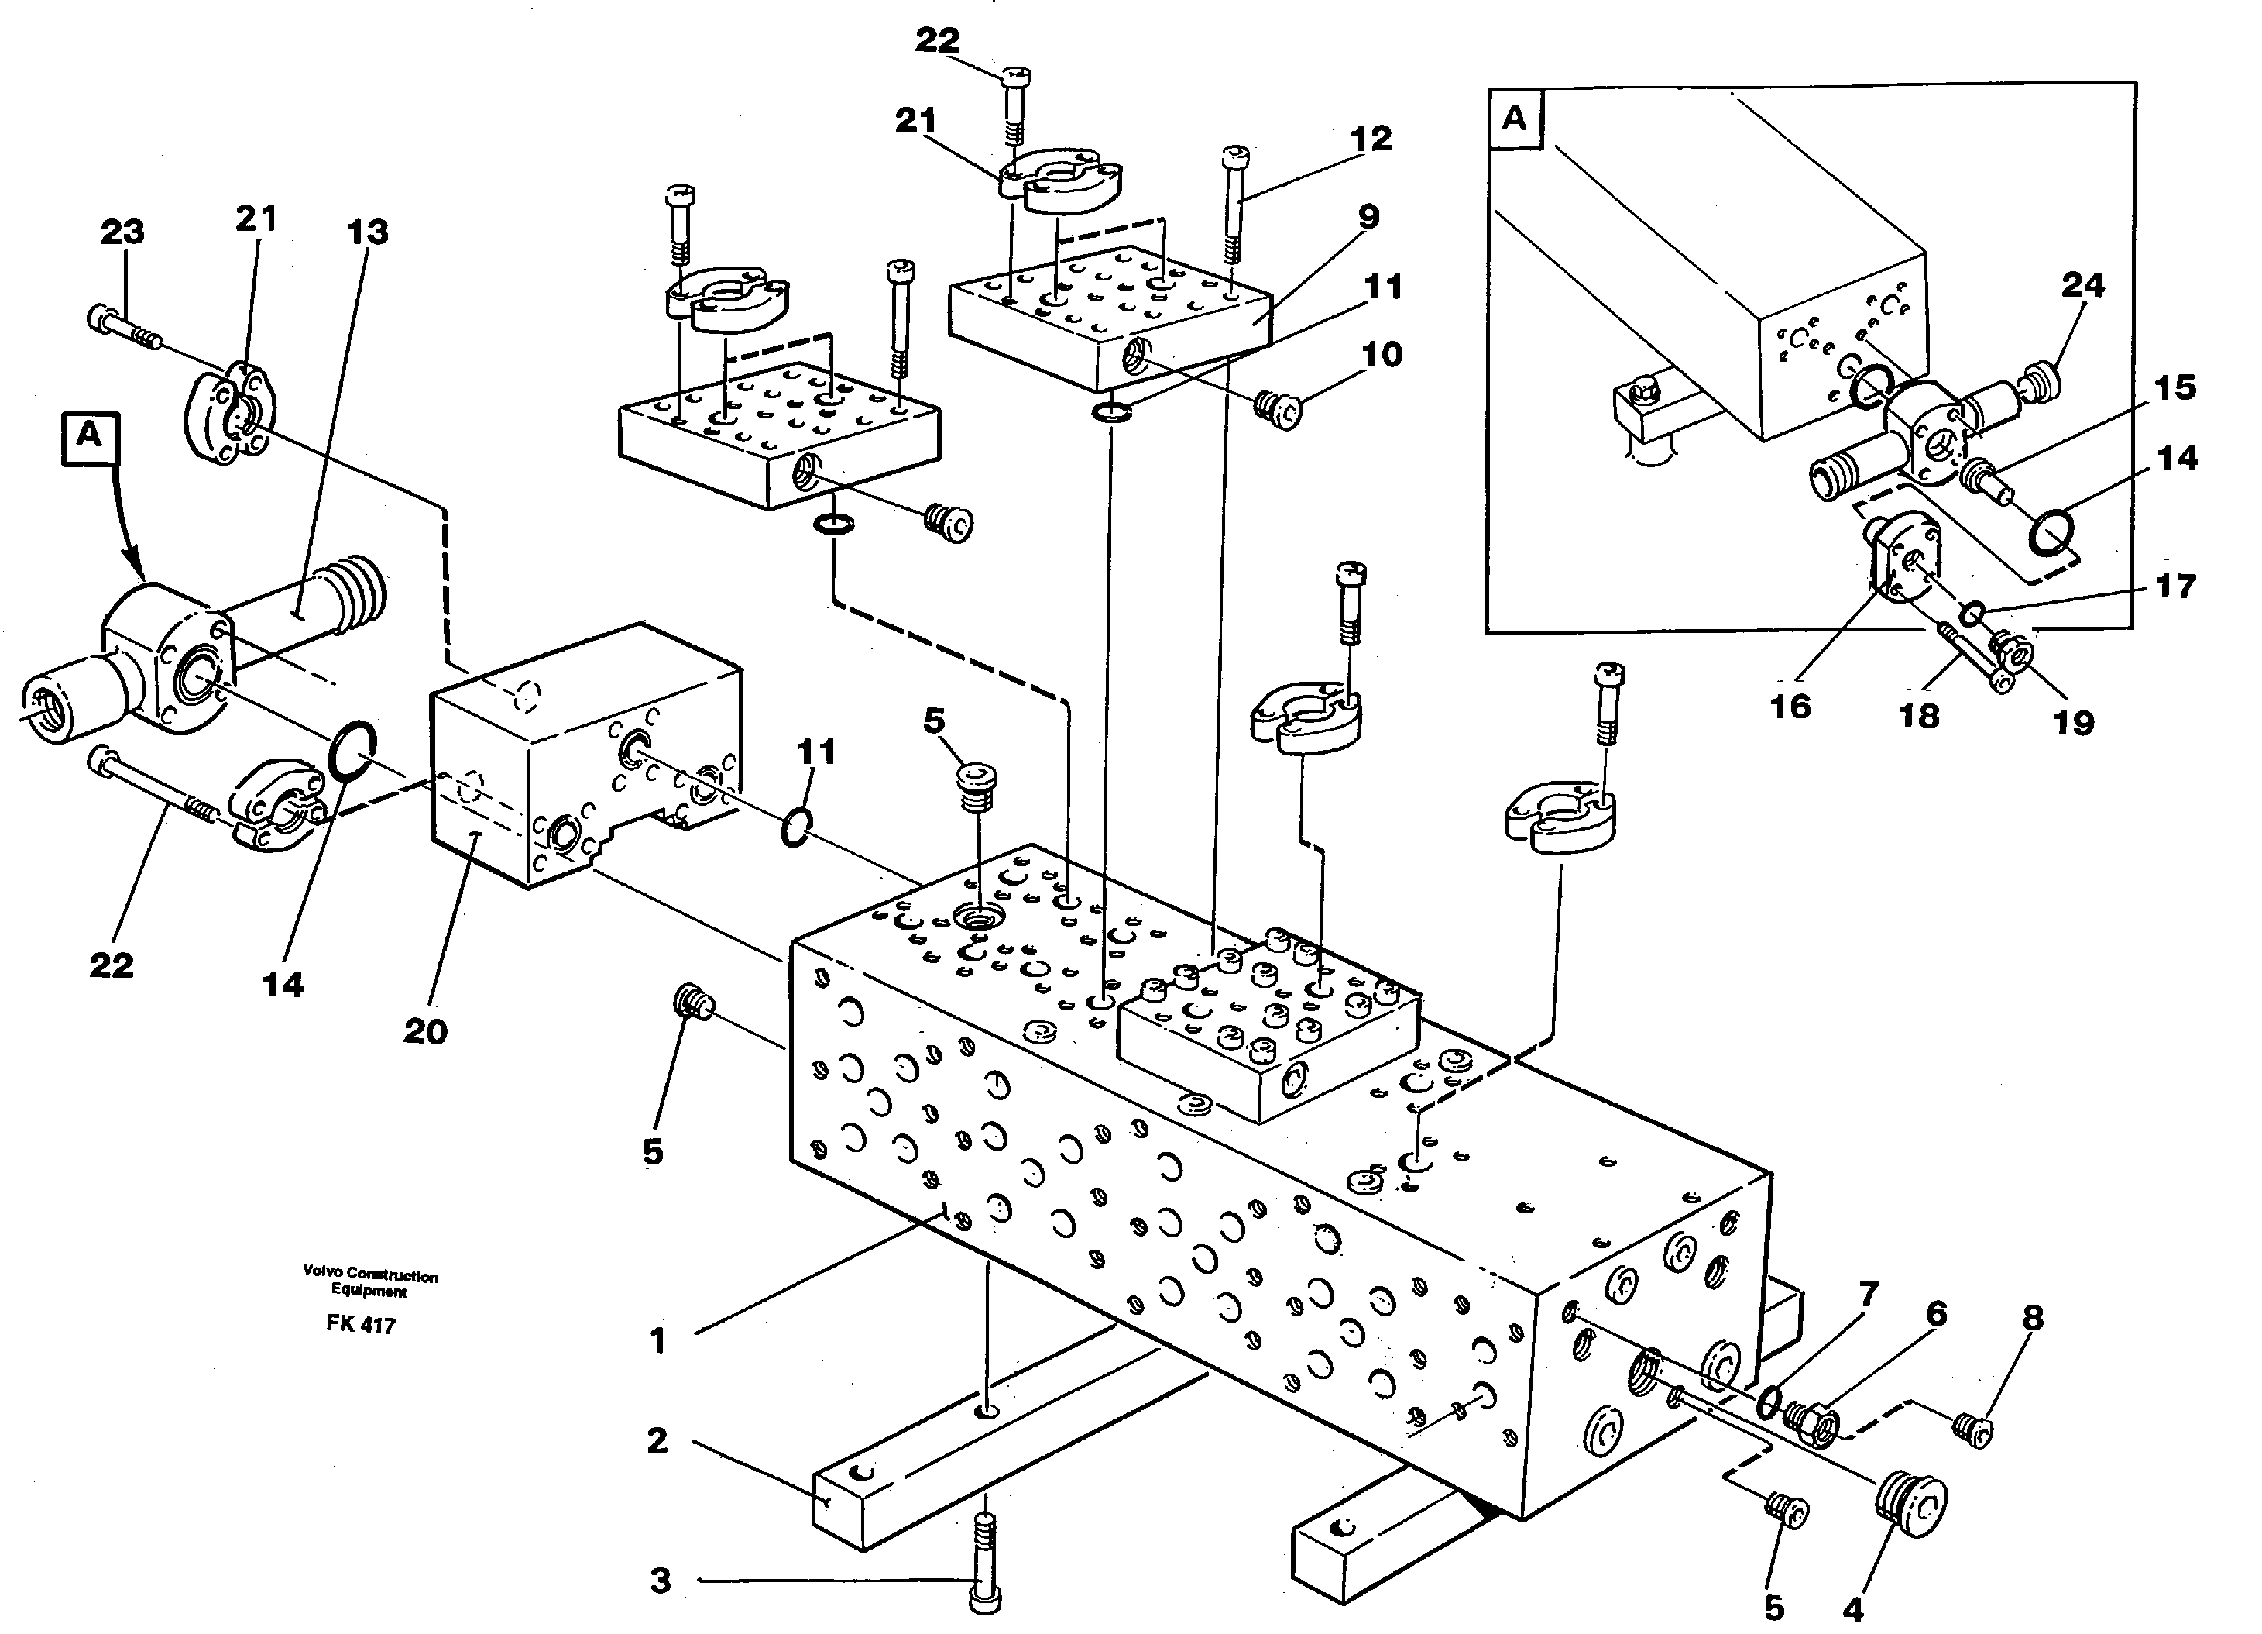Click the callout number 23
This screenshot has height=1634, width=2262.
pyautogui.click(x=122, y=232)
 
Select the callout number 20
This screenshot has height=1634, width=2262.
pyautogui.click(x=425, y=1030)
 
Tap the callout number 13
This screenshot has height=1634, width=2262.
pyautogui.click(x=367, y=232)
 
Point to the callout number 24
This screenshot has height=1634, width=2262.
pyautogui.click(x=2082, y=287)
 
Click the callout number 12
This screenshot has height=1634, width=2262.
pyautogui.click(x=1371, y=139)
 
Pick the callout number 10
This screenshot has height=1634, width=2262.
pyautogui.click(x=1382, y=354)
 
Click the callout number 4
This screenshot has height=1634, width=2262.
pyautogui.click(x=1853, y=1609)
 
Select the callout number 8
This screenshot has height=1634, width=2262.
pyautogui.click(x=2033, y=1318)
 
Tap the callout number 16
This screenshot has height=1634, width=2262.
pyautogui.click(x=1790, y=707)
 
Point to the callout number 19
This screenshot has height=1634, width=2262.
pyautogui.click(x=2072, y=721)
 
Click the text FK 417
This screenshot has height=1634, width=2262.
pyautogui.click(x=360, y=1326)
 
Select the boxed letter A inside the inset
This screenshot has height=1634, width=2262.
pyautogui.click(x=1514, y=119)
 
